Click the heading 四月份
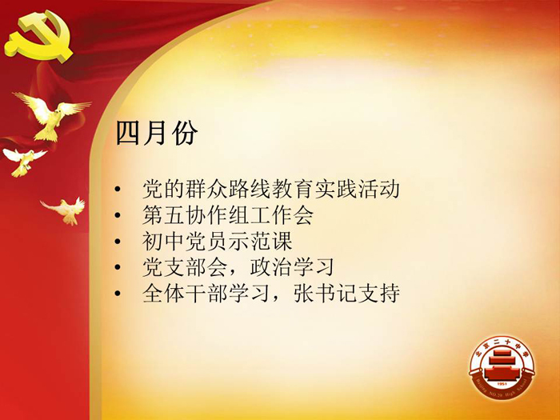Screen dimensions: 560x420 [x=157, y=133]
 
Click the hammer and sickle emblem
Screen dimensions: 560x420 [x=38, y=37]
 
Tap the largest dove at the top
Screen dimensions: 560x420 [x=52, y=116]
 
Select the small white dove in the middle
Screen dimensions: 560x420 [x=24, y=162]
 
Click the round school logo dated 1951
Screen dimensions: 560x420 [x=502, y=367]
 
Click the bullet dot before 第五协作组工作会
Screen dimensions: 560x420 [x=118, y=215]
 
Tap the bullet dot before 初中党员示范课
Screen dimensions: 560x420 [x=118, y=242]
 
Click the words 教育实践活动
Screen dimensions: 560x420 [x=335, y=189]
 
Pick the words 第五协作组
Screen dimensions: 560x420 [x=196, y=215]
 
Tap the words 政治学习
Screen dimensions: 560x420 [x=292, y=267]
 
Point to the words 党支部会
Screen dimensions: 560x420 [x=185, y=267]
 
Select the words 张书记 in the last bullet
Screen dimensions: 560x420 [x=325, y=294]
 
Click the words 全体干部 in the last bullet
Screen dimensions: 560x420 [x=185, y=294]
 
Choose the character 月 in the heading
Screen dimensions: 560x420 [x=157, y=133]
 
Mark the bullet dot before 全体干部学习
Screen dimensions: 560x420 [x=118, y=294]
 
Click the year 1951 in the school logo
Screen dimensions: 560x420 [x=502, y=383]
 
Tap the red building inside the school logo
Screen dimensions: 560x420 [x=502, y=366]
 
